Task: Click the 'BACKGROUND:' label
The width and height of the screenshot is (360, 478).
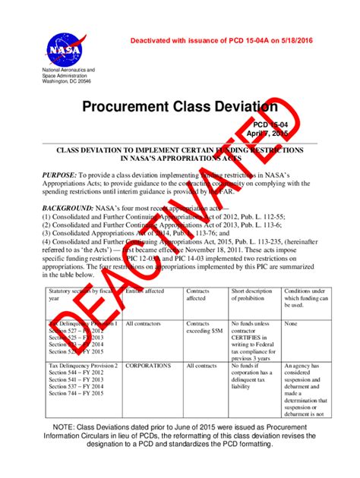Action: coord(68,207)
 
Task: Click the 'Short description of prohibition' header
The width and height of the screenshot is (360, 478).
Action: coord(251,294)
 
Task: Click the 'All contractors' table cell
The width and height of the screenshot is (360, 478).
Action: coord(142,323)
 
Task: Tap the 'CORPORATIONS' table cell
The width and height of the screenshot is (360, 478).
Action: coord(148,366)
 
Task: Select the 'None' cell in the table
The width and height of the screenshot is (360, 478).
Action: coord(292,323)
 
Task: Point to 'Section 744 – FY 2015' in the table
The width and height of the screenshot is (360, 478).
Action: coord(76,393)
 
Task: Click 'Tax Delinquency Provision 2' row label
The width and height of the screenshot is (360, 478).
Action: coord(81,366)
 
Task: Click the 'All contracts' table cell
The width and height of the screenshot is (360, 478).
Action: coord(201,366)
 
